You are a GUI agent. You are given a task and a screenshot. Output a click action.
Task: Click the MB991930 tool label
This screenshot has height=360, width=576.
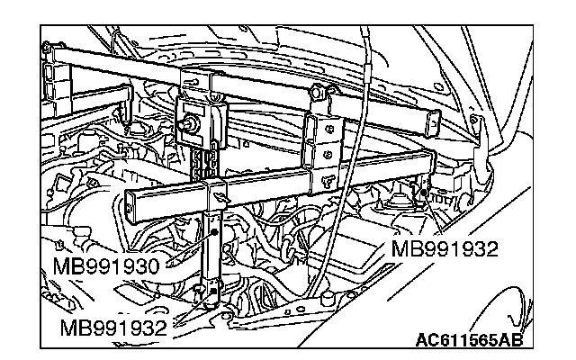pos(105,267)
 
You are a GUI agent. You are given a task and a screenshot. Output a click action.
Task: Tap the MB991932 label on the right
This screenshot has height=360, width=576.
pos(444,247)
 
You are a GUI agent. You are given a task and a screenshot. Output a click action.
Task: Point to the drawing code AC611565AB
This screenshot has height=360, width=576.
pos(468,341)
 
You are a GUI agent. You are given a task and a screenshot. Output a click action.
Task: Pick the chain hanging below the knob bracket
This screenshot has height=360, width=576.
pos(205,161)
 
